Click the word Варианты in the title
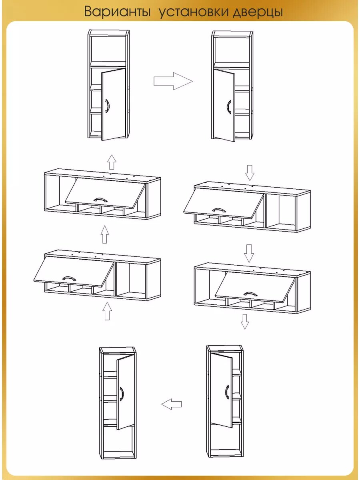pos(117,11)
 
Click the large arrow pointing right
pos(173,81)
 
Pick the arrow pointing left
pos(171,404)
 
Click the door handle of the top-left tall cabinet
pos(107,106)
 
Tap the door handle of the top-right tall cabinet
pos(229,107)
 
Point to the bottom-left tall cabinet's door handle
pos(122,394)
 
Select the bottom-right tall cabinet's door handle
pos(227,392)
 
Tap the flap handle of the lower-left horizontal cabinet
pos(69,278)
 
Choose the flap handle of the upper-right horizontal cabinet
pos(219,210)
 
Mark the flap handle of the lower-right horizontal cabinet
pos(251,294)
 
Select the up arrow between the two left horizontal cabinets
pos(105,234)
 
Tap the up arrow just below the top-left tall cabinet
pos(112,162)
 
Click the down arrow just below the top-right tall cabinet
pos(250,173)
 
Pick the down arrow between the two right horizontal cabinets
pos(249,253)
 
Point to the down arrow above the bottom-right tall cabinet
pos(245,322)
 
